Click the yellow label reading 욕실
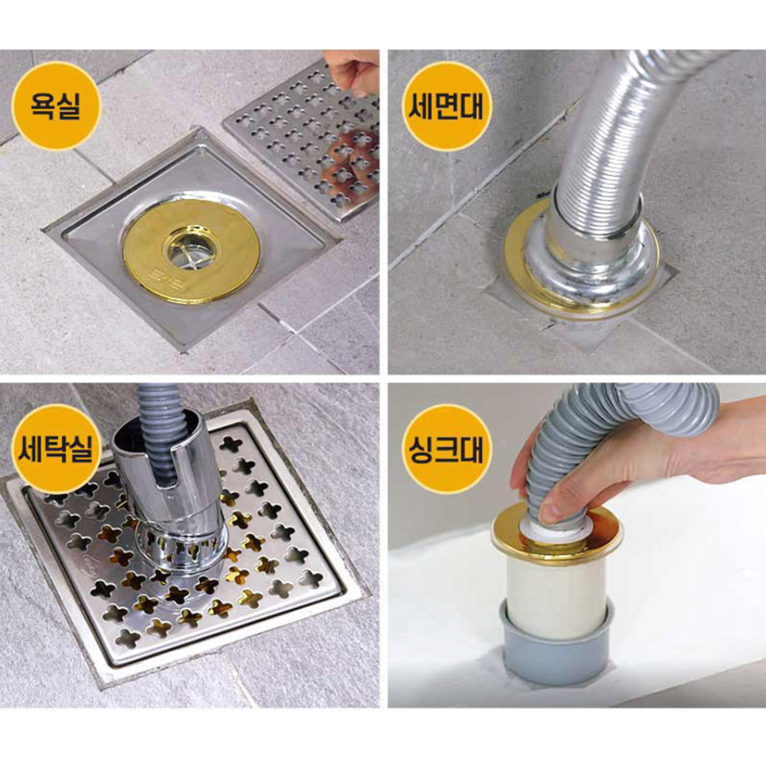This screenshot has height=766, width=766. click(56, 106)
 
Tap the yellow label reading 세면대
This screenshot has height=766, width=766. click(446, 106)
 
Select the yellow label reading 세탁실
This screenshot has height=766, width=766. click(56, 449)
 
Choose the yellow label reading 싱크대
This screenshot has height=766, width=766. click(446, 449)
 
